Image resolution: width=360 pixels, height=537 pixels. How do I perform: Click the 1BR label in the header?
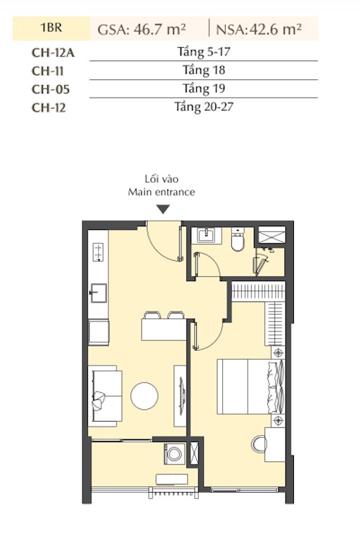(x=51, y=27)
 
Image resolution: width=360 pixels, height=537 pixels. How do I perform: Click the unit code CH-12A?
(x=53, y=53)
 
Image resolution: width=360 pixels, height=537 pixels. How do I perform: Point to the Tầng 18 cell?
(x=204, y=70)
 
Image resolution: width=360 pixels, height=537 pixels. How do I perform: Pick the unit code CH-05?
(x=51, y=89)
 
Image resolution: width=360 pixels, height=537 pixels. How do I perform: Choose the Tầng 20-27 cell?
(x=204, y=107)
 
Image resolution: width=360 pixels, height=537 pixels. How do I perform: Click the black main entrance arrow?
(x=163, y=209)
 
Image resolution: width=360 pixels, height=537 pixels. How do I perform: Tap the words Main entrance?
(x=162, y=192)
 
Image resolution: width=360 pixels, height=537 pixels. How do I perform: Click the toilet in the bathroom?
(x=238, y=240)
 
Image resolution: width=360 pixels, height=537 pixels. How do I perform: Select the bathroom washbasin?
(x=207, y=235)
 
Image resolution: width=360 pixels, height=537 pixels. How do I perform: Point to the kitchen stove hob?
(x=98, y=252)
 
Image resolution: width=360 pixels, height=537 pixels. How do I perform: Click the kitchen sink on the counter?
(x=98, y=293)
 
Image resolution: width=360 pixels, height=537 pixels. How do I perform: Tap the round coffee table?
(x=144, y=396)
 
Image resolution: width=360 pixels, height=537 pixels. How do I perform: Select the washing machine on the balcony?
(x=174, y=454)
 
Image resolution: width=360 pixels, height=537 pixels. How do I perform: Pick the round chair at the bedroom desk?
(x=259, y=444)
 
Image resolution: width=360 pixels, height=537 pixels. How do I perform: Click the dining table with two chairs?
(x=164, y=326)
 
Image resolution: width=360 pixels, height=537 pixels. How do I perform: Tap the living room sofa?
(x=105, y=396)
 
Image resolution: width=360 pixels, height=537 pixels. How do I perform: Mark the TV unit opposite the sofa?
(x=180, y=396)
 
